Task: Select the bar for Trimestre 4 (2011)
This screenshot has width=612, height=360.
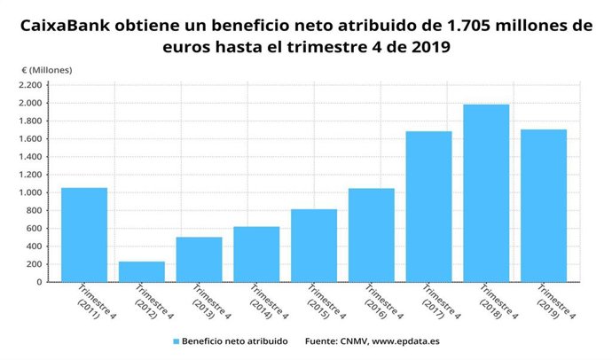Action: (84, 235)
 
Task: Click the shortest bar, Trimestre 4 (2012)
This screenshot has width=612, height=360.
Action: (142, 271)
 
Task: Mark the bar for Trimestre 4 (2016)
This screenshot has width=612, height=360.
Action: (372, 235)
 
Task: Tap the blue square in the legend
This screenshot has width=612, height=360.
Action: (177, 340)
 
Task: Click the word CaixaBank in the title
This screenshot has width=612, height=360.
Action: (62, 27)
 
